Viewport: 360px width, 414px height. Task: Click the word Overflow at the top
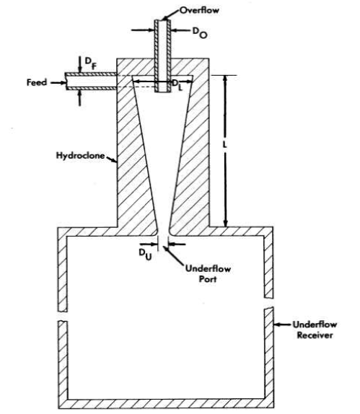tap(199, 10)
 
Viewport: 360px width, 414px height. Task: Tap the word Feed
tap(37, 82)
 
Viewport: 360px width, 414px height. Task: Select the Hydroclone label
tap(80, 155)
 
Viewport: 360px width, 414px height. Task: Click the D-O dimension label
tap(199, 32)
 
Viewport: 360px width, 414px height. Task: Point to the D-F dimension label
tap(91, 63)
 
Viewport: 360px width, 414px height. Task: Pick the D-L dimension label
tap(177, 85)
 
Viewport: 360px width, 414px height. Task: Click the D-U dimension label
tap(145, 255)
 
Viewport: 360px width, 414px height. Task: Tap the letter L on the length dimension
tap(225, 145)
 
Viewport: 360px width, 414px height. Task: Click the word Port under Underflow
tap(207, 279)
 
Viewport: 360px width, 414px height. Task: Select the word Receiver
tap(315, 335)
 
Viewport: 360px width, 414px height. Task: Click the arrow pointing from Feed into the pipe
tap(58, 83)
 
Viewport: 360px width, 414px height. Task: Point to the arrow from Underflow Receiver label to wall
tap(282, 325)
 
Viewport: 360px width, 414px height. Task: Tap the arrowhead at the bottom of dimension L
tap(225, 222)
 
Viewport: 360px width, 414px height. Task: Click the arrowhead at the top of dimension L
tap(225, 80)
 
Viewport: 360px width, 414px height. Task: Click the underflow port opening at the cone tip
tap(163, 234)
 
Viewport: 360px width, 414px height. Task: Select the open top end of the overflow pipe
tap(162, 20)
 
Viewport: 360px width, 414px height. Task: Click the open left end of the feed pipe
tap(66, 82)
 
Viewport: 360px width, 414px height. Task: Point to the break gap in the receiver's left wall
tap(63, 316)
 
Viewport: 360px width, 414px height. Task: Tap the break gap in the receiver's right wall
tap(268, 303)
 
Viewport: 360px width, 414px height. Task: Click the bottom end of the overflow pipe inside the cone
tap(162, 92)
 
